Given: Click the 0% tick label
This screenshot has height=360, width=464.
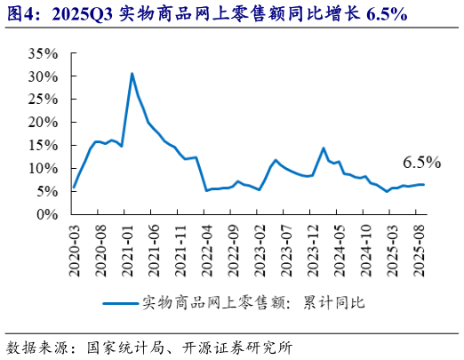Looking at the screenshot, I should pyautogui.click(x=48, y=214).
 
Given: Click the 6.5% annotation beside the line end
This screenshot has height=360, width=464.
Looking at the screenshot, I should pyautogui.click(x=421, y=163).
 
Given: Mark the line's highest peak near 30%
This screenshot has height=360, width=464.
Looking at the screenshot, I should pyautogui.click(x=132, y=74).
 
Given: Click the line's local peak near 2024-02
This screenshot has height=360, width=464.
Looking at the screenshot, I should pyautogui.click(x=324, y=148).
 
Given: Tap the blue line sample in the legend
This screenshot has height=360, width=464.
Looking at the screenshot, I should pyautogui.click(x=120, y=302).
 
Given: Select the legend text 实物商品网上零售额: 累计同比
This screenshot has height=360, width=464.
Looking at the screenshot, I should pyautogui.click(x=253, y=302).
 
